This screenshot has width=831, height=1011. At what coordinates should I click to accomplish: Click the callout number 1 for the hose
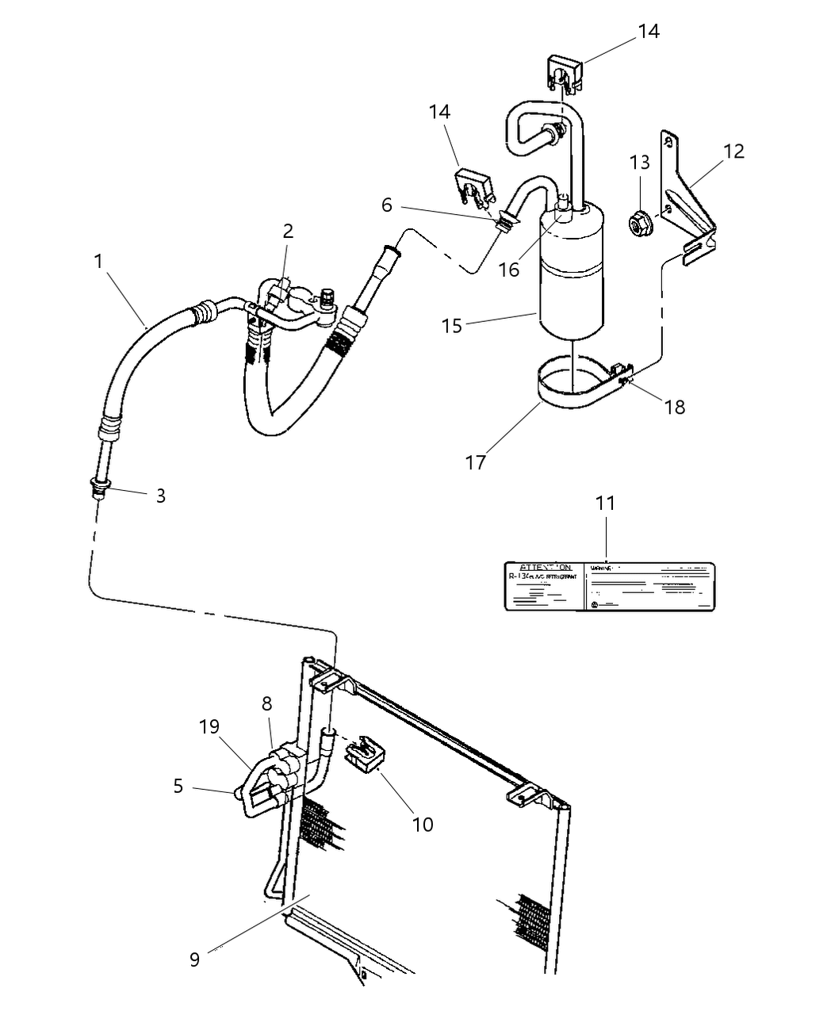[x=98, y=261]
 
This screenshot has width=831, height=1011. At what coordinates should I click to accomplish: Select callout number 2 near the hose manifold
[x=288, y=231]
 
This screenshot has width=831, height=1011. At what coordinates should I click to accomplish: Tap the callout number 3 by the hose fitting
[x=160, y=496]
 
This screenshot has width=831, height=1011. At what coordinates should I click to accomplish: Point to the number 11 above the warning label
[x=606, y=503]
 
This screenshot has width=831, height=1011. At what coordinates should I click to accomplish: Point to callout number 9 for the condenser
[x=194, y=959]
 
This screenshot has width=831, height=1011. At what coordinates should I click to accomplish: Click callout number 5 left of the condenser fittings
[x=178, y=786]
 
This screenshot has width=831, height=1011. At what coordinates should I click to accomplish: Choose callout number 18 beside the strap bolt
[x=675, y=407]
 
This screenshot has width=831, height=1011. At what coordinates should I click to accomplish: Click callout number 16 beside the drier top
[x=508, y=269]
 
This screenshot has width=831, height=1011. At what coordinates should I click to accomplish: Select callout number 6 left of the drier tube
[x=386, y=205]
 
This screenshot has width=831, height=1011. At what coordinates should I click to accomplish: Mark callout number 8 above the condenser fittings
[x=266, y=703]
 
